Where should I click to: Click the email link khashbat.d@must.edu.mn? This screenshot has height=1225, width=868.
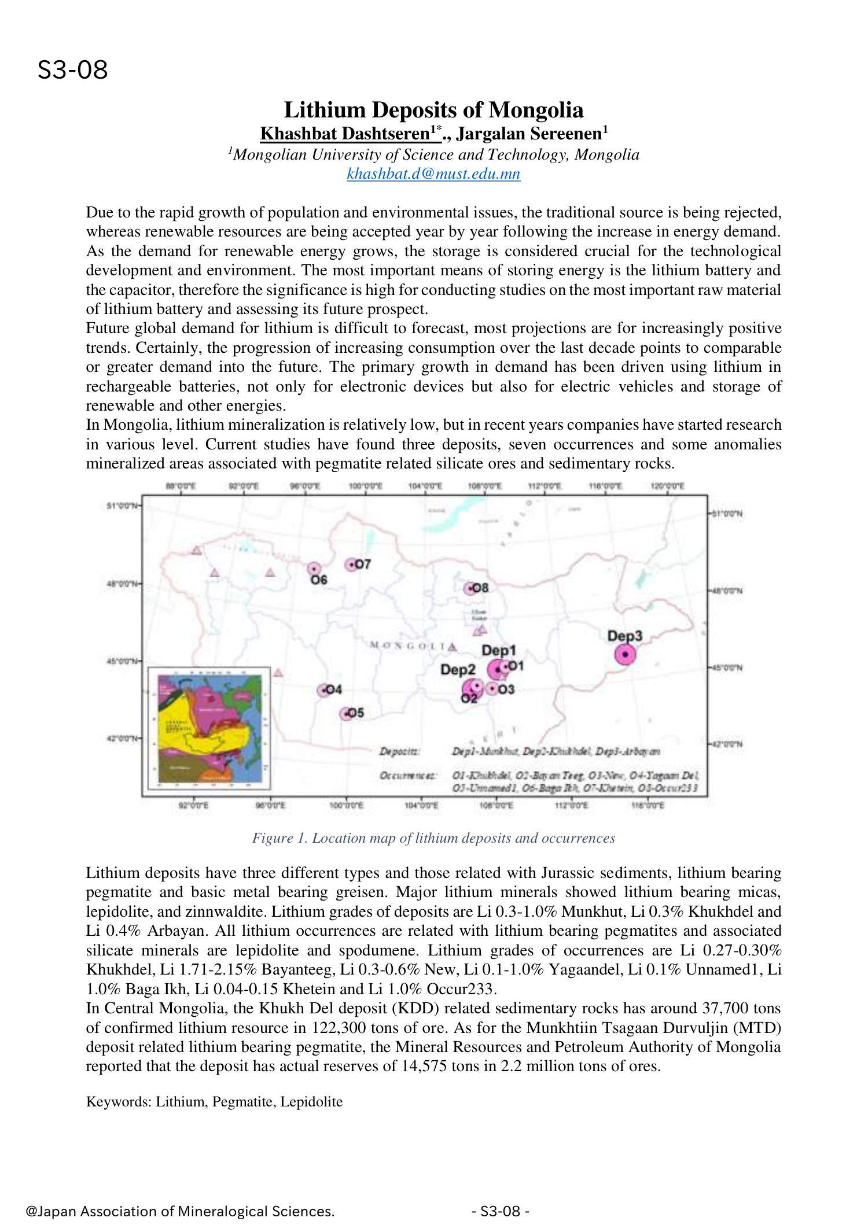[433, 174]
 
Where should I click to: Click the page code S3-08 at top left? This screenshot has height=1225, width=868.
[73, 70]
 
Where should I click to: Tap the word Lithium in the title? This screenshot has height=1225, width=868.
[325, 110]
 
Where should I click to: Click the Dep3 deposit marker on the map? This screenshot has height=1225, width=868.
[625, 655]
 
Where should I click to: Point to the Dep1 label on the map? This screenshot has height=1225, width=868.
[498, 651]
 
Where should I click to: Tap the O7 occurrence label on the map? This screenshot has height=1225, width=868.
[362, 564]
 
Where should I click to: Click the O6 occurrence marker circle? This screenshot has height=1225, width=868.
[314, 569]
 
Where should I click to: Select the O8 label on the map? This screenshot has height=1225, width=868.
[480, 588]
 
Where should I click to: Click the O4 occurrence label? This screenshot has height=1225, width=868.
[333, 689]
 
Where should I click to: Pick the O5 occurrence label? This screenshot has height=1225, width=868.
[355, 713]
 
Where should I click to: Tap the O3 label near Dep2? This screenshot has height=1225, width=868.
[506, 689]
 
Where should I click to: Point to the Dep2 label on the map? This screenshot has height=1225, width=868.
[457, 670]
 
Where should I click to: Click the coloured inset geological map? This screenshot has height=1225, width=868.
[209, 728]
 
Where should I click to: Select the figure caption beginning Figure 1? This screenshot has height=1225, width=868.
[433, 838]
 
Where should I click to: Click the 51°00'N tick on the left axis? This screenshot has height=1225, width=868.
[122, 506]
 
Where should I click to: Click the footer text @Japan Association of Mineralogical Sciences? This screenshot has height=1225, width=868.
[180, 1211]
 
